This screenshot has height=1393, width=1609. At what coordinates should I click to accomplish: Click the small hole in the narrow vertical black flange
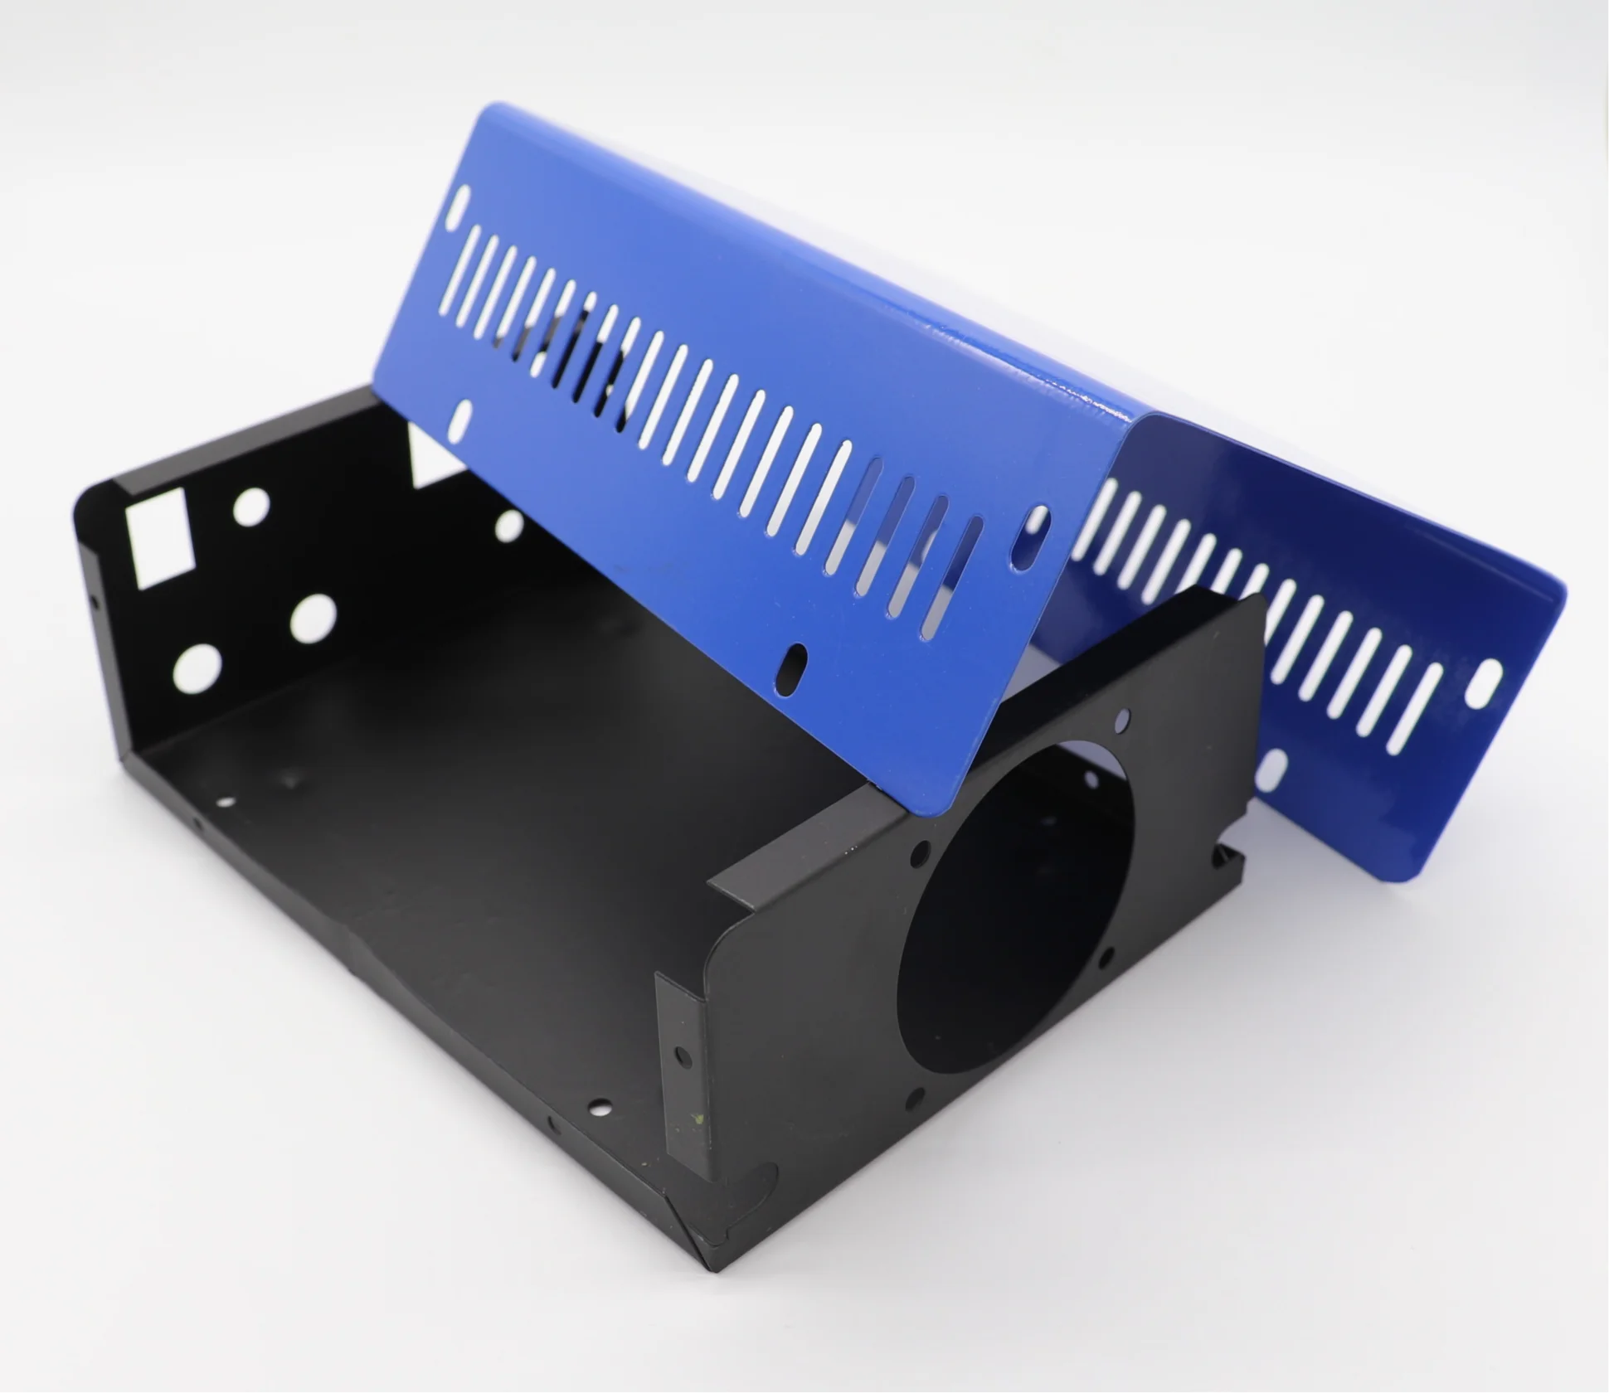click(682, 1056)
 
